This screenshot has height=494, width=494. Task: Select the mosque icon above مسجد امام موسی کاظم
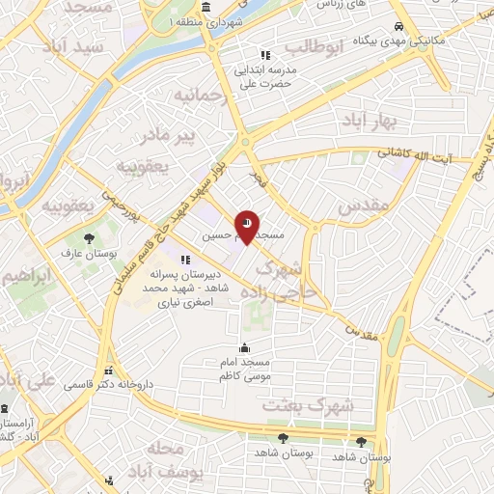pyautogui.click(x=245, y=348)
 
